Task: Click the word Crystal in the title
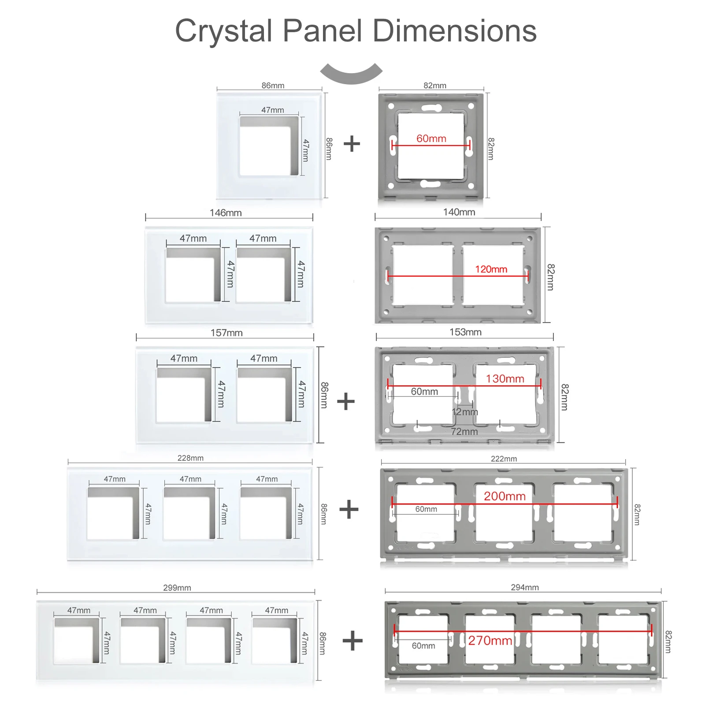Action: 223,31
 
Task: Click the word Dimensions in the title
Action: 454,31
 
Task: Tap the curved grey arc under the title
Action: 351,74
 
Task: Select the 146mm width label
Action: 226,213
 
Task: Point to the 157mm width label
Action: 226,333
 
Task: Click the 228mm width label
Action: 190,458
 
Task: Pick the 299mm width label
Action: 177,588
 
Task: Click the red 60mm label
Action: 431,138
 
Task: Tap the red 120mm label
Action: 491,269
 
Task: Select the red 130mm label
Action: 505,378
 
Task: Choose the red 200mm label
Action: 505,496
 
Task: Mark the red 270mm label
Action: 490,640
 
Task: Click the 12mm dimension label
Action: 465,412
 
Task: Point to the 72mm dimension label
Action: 464,431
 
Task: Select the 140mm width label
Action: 459,212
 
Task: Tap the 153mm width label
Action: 465,332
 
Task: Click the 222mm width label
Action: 504,459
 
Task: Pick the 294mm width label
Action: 525,587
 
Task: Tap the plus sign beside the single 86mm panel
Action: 352,144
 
